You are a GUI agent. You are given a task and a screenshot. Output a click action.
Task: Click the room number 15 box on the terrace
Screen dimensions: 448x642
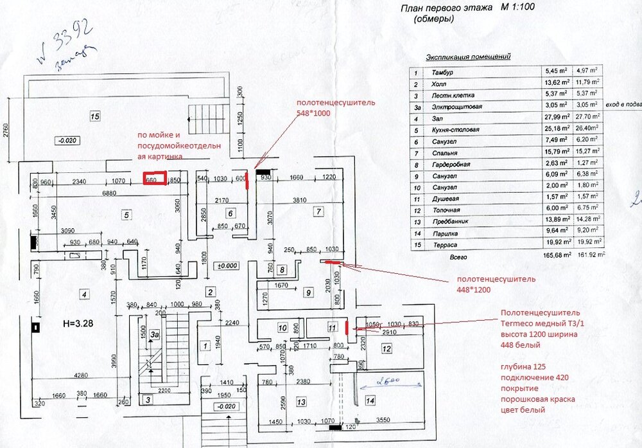(95, 116)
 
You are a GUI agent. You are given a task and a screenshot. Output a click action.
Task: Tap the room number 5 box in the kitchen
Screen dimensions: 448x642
(126, 215)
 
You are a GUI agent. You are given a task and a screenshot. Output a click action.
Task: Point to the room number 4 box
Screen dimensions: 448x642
(83, 294)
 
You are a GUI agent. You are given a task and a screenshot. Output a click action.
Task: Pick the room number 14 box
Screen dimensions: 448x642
(370, 400)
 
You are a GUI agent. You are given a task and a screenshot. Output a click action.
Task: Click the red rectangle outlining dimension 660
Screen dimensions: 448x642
(154, 178)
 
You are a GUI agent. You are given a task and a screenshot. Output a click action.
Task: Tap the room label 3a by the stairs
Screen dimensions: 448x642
(153, 334)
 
